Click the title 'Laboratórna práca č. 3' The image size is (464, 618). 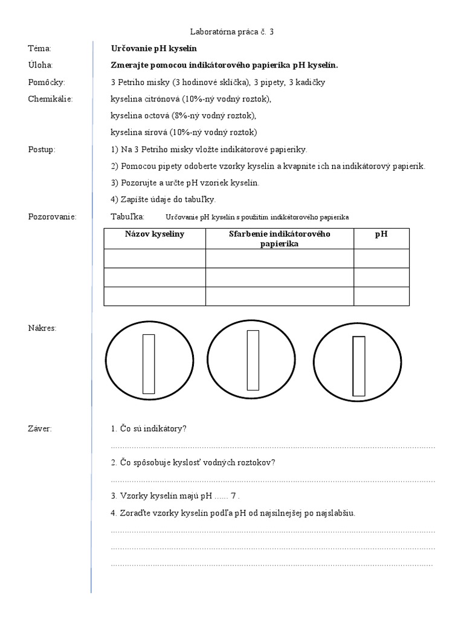coord(231,31)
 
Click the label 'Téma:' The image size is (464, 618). coord(40,48)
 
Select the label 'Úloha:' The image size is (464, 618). coord(40,65)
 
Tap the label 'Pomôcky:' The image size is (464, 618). coord(47,82)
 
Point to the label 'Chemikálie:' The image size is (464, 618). coord(50,99)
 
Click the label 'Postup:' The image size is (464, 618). coord(42,149)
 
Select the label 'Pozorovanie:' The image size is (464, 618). coord(52,216)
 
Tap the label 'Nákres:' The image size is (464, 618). coord(42,328)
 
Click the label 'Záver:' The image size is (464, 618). coord(40,428)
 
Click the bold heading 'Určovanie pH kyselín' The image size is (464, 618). coord(154,48)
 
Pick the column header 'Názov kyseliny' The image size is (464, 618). coord(155,234)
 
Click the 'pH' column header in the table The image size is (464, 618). coord(381,234)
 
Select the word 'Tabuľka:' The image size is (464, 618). coord(127,216)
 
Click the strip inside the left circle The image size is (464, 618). coord(149,364)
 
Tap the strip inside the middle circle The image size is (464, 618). coord(253,360)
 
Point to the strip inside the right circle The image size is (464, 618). coord(359,366)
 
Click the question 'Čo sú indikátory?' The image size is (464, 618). coord(149,428)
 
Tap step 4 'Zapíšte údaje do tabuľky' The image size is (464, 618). coord(163,199)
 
